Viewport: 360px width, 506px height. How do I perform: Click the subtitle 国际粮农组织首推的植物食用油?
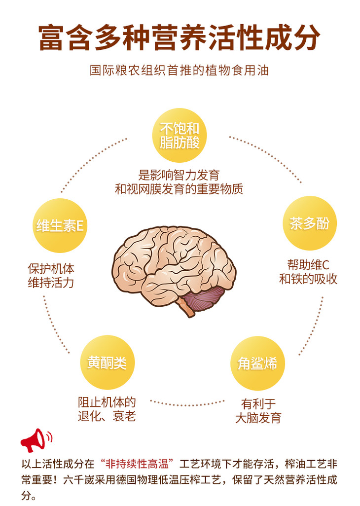click(180, 70)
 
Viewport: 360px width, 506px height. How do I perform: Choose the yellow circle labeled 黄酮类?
click(107, 362)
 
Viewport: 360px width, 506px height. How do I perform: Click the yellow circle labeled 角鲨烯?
click(257, 363)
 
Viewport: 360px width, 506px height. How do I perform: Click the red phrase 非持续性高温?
click(138, 464)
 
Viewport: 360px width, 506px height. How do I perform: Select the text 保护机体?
click(51, 269)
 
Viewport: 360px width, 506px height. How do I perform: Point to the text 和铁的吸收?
click(308, 279)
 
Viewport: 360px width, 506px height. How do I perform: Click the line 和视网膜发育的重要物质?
click(179, 189)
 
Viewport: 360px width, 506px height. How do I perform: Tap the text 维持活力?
click(51, 284)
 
